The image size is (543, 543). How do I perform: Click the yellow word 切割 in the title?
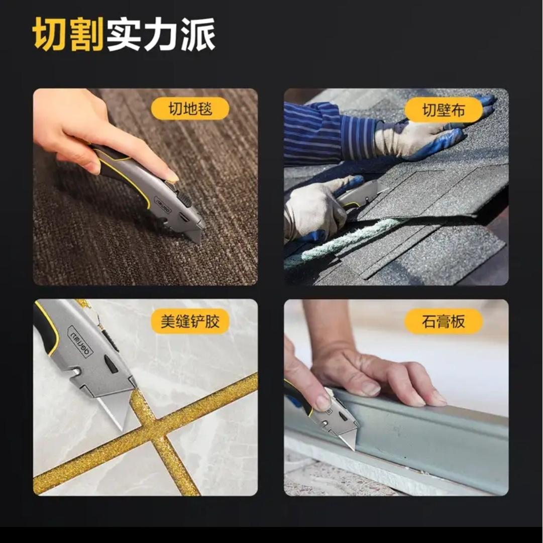[x=69, y=34]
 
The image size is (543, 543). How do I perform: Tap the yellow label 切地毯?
[x=190, y=108]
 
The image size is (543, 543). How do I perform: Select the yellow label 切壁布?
[x=444, y=110]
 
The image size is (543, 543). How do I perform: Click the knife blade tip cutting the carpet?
[x=198, y=242]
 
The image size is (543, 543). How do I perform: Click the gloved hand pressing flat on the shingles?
[x=429, y=135]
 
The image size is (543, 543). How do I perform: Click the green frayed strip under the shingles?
[x=343, y=240]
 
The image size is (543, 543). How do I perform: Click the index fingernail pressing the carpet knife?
[x=172, y=178]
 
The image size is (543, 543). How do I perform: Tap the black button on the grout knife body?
[x=111, y=364]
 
